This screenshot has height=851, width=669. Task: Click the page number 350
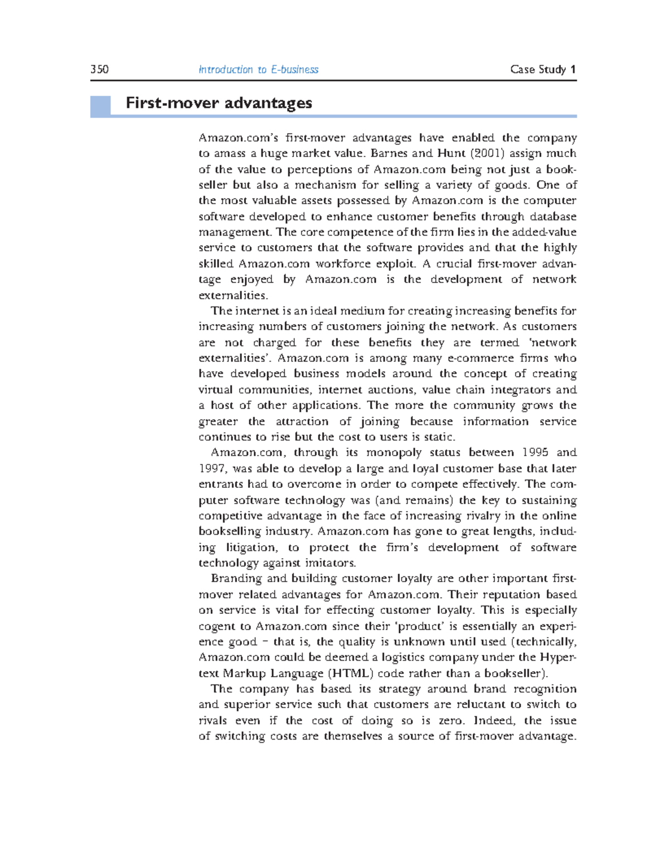click(x=99, y=70)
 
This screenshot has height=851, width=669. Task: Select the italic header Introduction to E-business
click(x=258, y=70)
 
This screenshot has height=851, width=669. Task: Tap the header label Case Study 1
click(x=542, y=70)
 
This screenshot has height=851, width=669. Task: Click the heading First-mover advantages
click(x=219, y=103)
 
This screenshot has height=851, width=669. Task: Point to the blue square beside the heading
click(x=100, y=106)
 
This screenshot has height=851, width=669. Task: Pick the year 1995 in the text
click(x=535, y=453)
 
